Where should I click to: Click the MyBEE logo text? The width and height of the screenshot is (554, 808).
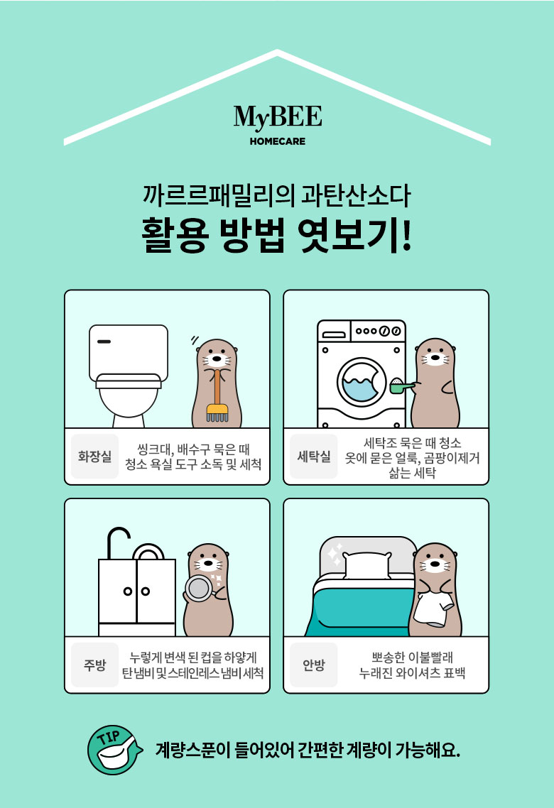[278, 117]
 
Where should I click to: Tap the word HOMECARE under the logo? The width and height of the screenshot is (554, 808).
[277, 141]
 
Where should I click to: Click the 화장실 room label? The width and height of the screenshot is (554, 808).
[95, 457]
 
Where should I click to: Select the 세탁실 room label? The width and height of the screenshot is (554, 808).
[314, 457]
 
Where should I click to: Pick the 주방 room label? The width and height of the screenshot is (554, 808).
[95, 665]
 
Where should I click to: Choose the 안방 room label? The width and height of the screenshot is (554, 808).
[314, 665]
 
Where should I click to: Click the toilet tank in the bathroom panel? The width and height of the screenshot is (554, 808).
[129, 353]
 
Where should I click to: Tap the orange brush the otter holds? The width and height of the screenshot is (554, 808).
[217, 394]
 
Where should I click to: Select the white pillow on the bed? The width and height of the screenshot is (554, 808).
[367, 565]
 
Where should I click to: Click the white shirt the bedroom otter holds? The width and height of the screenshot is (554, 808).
[433, 609]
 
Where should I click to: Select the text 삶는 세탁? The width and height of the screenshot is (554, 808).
[412, 473]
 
